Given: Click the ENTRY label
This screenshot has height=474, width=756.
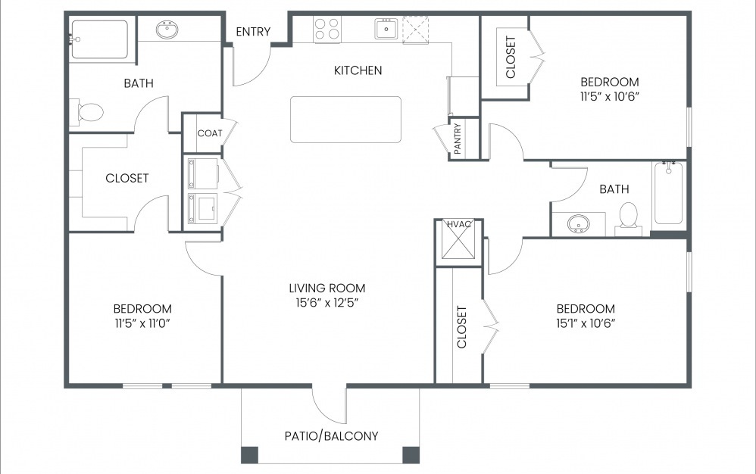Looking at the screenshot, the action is click(x=254, y=31).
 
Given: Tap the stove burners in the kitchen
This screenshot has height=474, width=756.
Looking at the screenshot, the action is click(x=327, y=29).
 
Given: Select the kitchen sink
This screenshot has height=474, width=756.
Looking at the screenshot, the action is click(x=384, y=30).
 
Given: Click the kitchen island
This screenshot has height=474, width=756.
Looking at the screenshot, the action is click(x=345, y=119).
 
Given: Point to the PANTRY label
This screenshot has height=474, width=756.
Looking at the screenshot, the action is click(x=458, y=139).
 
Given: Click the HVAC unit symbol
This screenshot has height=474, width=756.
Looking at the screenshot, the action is click(x=458, y=244).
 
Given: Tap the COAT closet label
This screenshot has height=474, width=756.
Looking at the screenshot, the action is click(x=210, y=133).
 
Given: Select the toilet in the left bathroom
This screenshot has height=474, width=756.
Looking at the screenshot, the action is click(x=88, y=113).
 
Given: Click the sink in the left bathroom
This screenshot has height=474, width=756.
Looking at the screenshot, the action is click(x=167, y=30).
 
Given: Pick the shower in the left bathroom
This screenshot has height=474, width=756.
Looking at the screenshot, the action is click(x=99, y=39).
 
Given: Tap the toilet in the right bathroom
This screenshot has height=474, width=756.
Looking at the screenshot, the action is click(x=628, y=217).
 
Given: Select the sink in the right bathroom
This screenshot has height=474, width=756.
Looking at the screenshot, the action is click(x=579, y=224).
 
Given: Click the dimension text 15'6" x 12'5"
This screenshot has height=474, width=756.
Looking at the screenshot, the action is click(x=327, y=303).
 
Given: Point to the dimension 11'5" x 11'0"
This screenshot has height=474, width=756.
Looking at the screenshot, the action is click(x=142, y=323).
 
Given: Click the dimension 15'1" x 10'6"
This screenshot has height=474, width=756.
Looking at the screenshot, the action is click(x=586, y=323).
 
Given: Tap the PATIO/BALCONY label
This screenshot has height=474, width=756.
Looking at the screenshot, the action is click(x=331, y=436).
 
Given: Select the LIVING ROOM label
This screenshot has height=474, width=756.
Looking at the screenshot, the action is click(x=327, y=288).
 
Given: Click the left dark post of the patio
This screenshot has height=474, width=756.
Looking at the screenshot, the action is click(x=249, y=454).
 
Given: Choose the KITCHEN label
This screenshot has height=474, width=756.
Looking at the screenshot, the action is click(x=358, y=70).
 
